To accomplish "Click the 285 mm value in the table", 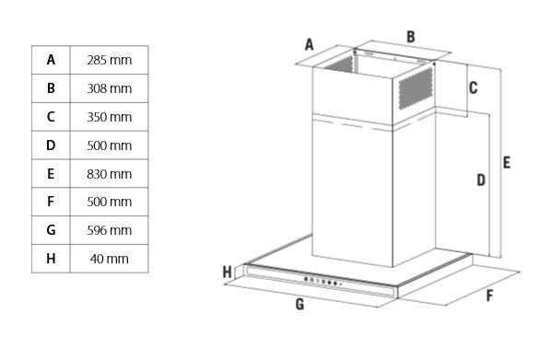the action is (109, 60).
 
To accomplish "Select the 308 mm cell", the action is (109, 88).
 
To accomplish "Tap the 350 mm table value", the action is (109, 117).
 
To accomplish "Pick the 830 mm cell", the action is (109, 174).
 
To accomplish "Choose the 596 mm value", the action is (109, 230).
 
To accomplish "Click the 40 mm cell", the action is (109, 259).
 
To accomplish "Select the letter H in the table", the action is (51, 259).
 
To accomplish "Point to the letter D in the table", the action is (51, 145).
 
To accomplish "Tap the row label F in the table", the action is (51, 202).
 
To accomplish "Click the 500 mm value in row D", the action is (109, 145).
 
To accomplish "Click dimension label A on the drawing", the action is (309, 44).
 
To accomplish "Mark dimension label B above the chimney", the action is (410, 37).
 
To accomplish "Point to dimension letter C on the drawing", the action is (473, 87).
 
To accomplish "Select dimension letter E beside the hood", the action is (506, 162).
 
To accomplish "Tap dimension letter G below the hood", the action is (299, 304).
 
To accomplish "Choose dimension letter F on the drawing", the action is (489, 296).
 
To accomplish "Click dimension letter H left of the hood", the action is (228, 273).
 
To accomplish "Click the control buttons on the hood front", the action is (323, 281).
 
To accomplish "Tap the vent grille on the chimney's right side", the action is (416, 87).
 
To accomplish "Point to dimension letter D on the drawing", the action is (481, 180).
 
